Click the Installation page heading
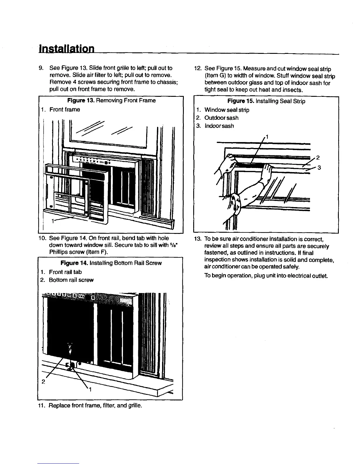(67, 49)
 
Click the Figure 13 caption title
(111, 101)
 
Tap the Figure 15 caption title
(266, 101)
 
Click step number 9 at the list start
(42, 69)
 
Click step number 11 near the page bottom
(42, 406)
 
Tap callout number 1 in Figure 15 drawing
(267, 136)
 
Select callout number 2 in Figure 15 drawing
(318, 157)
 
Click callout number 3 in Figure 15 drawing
(319, 168)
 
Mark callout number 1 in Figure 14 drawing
(90, 390)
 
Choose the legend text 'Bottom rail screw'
(71, 280)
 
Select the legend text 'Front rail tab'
(65, 272)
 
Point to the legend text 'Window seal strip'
(227, 110)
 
